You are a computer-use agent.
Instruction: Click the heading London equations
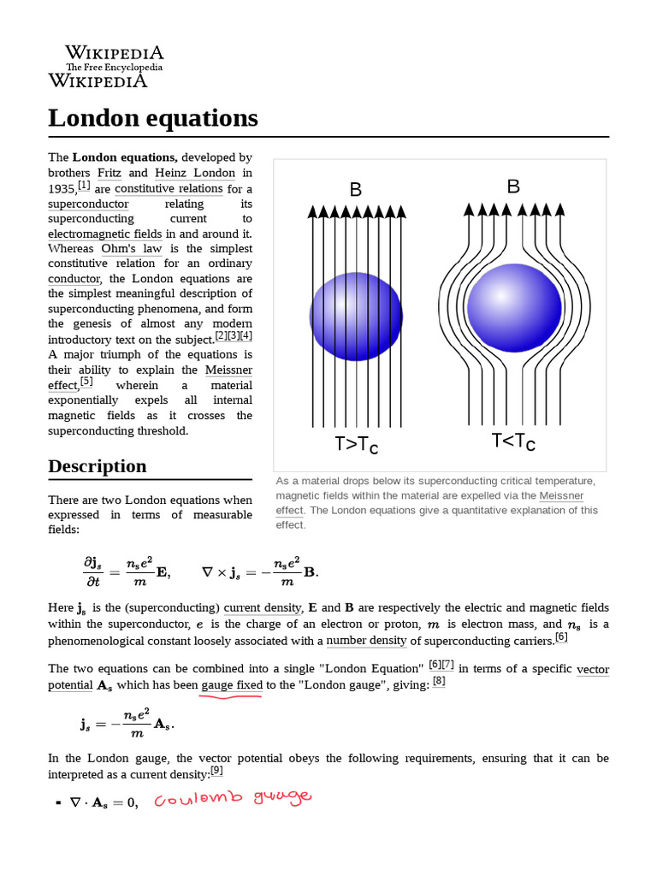(152, 118)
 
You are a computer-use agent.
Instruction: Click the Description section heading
(97, 466)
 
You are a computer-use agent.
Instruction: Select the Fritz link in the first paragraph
(109, 173)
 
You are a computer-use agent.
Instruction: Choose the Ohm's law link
(131, 249)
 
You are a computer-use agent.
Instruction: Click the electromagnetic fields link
(104, 234)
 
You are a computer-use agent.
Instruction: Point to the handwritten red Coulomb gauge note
(233, 799)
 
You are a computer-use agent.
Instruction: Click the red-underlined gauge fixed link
(231, 685)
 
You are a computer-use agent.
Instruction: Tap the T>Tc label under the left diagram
(356, 445)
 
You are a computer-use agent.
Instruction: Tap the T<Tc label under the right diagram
(513, 442)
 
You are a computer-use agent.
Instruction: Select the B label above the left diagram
(356, 189)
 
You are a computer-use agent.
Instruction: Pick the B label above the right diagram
(513, 186)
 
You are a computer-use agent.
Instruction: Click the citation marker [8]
(438, 682)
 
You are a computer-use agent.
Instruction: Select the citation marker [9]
(216, 771)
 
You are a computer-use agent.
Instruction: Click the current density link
(263, 608)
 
